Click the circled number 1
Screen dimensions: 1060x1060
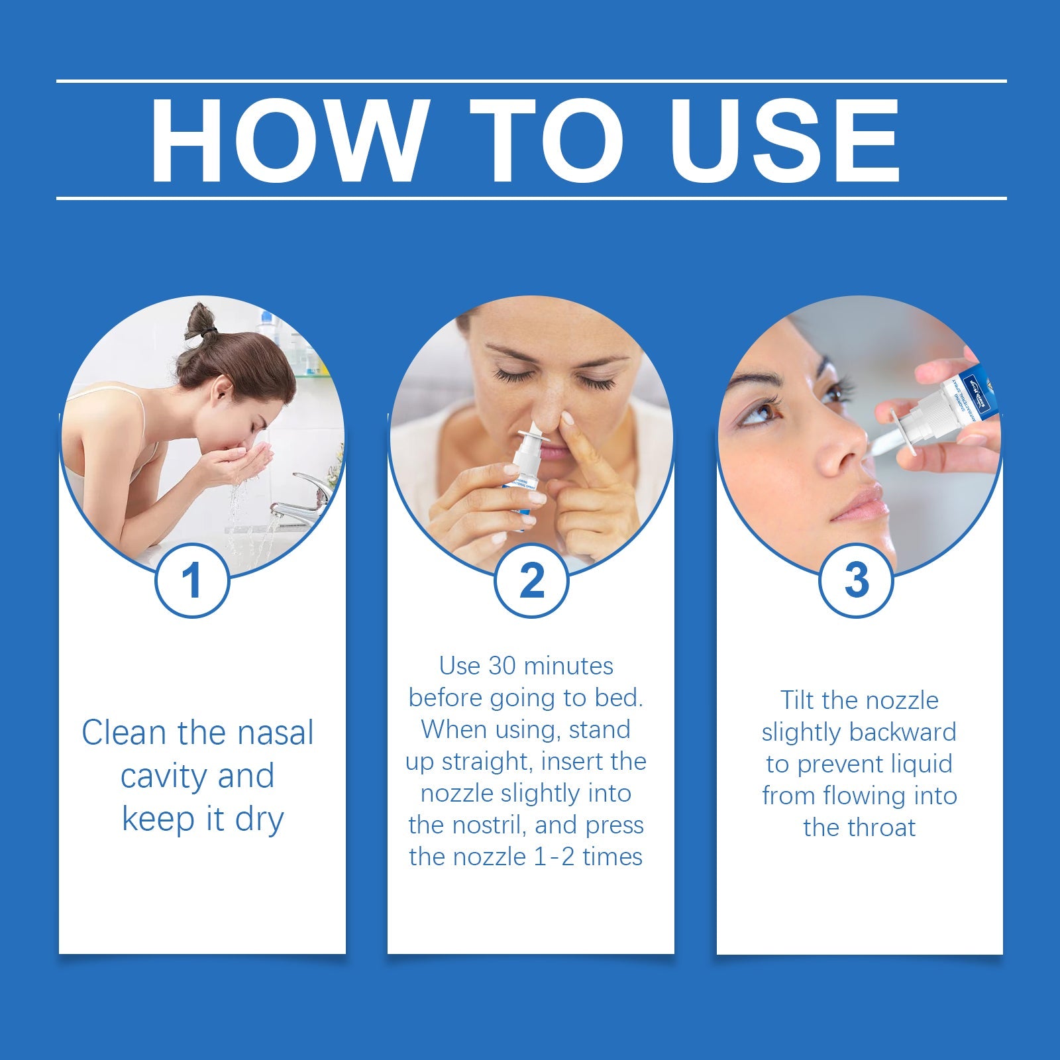point(192,580)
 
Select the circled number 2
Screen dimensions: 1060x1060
point(531,580)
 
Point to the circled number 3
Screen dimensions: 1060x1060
point(857,580)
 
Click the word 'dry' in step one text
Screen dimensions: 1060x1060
point(259,820)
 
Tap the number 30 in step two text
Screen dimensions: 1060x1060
point(501,666)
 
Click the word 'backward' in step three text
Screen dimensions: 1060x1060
point(902,732)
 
